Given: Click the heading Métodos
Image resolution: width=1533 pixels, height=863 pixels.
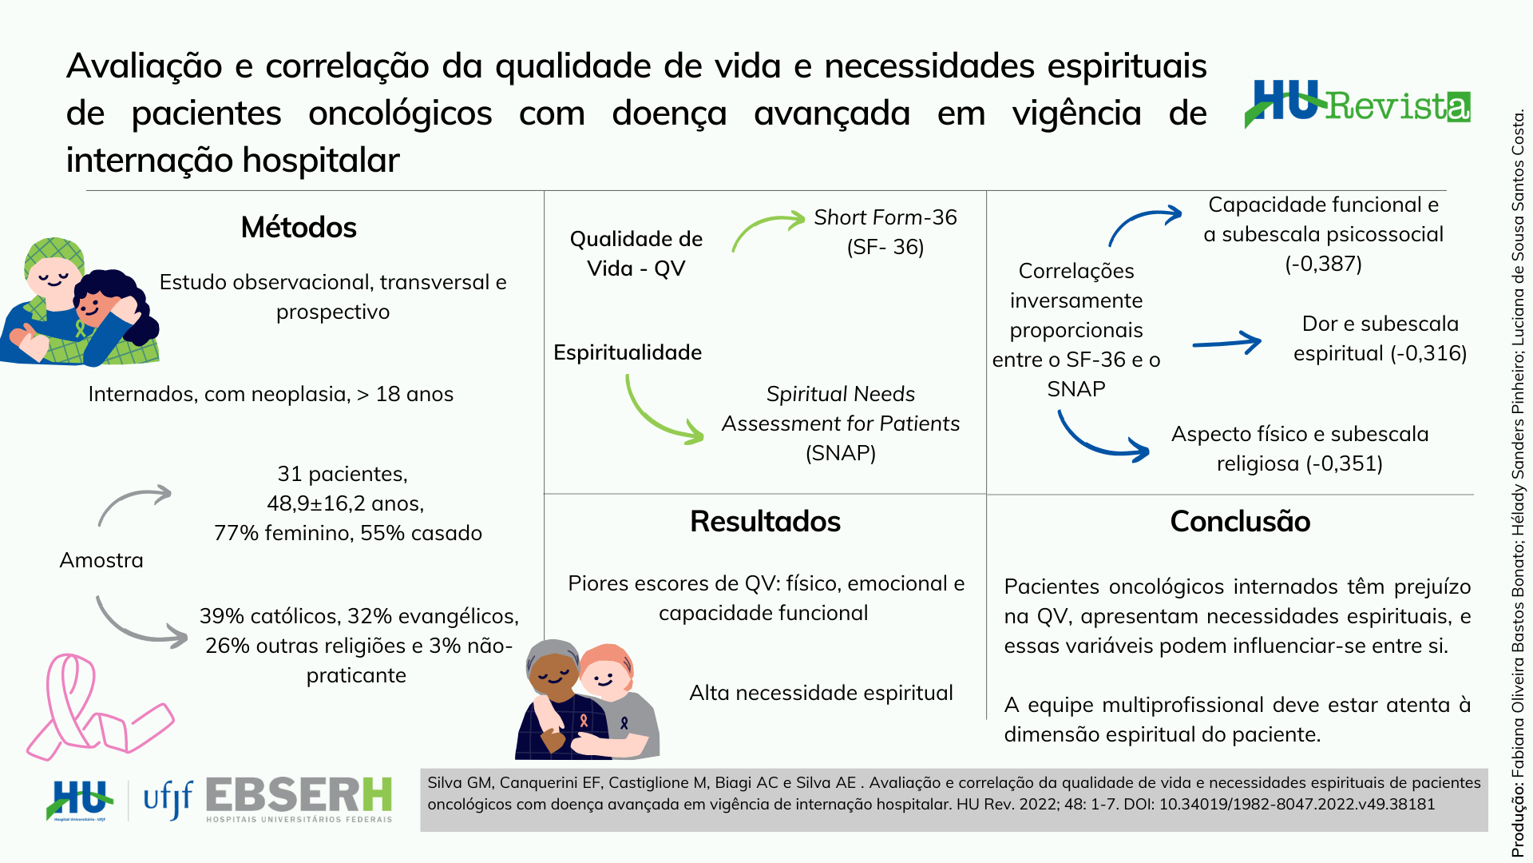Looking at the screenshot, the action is (x=299, y=228).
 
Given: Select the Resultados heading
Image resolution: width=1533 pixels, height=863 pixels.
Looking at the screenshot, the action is (x=765, y=522).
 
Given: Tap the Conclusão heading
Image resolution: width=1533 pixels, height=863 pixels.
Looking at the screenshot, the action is (x=1240, y=522).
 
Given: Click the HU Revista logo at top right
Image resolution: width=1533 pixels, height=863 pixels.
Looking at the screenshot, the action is (x=1357, y=104).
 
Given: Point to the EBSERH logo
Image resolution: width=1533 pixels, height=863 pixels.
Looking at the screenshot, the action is (x=299, y=799).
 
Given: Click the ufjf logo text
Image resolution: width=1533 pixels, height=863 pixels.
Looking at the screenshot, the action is (x=168, y=799).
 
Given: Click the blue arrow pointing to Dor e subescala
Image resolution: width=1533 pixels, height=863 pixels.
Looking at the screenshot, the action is (x=1227, y=343).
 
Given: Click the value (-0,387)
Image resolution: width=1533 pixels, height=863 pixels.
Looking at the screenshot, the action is (x=1323, y=264).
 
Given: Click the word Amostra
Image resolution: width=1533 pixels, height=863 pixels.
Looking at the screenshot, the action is (x=101, y=560).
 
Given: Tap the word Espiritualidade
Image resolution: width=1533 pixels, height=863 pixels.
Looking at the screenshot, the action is (x=628, y=352).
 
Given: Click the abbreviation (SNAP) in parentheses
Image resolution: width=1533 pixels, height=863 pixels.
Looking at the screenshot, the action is (x=841, y=453).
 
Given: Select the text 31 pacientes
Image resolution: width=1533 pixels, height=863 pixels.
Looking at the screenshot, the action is (x=342, y=474).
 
